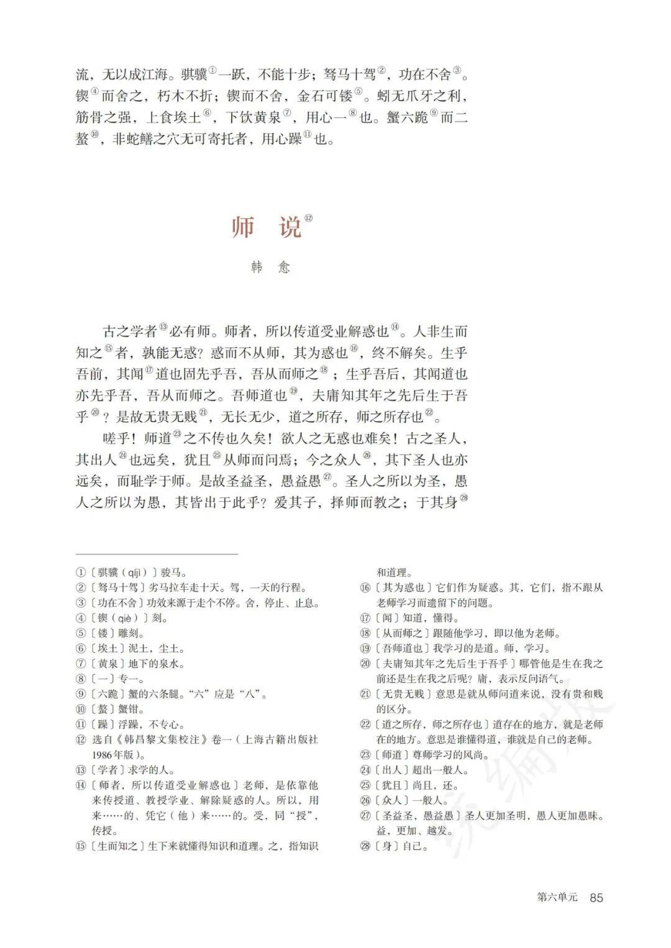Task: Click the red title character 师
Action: click(243, 227)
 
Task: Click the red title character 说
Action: click(290, 227)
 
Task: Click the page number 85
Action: click(596, 897)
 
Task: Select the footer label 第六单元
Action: click(557, 897)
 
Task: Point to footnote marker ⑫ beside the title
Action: click(309, 218)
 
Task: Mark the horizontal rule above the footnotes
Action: click(157, 554)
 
